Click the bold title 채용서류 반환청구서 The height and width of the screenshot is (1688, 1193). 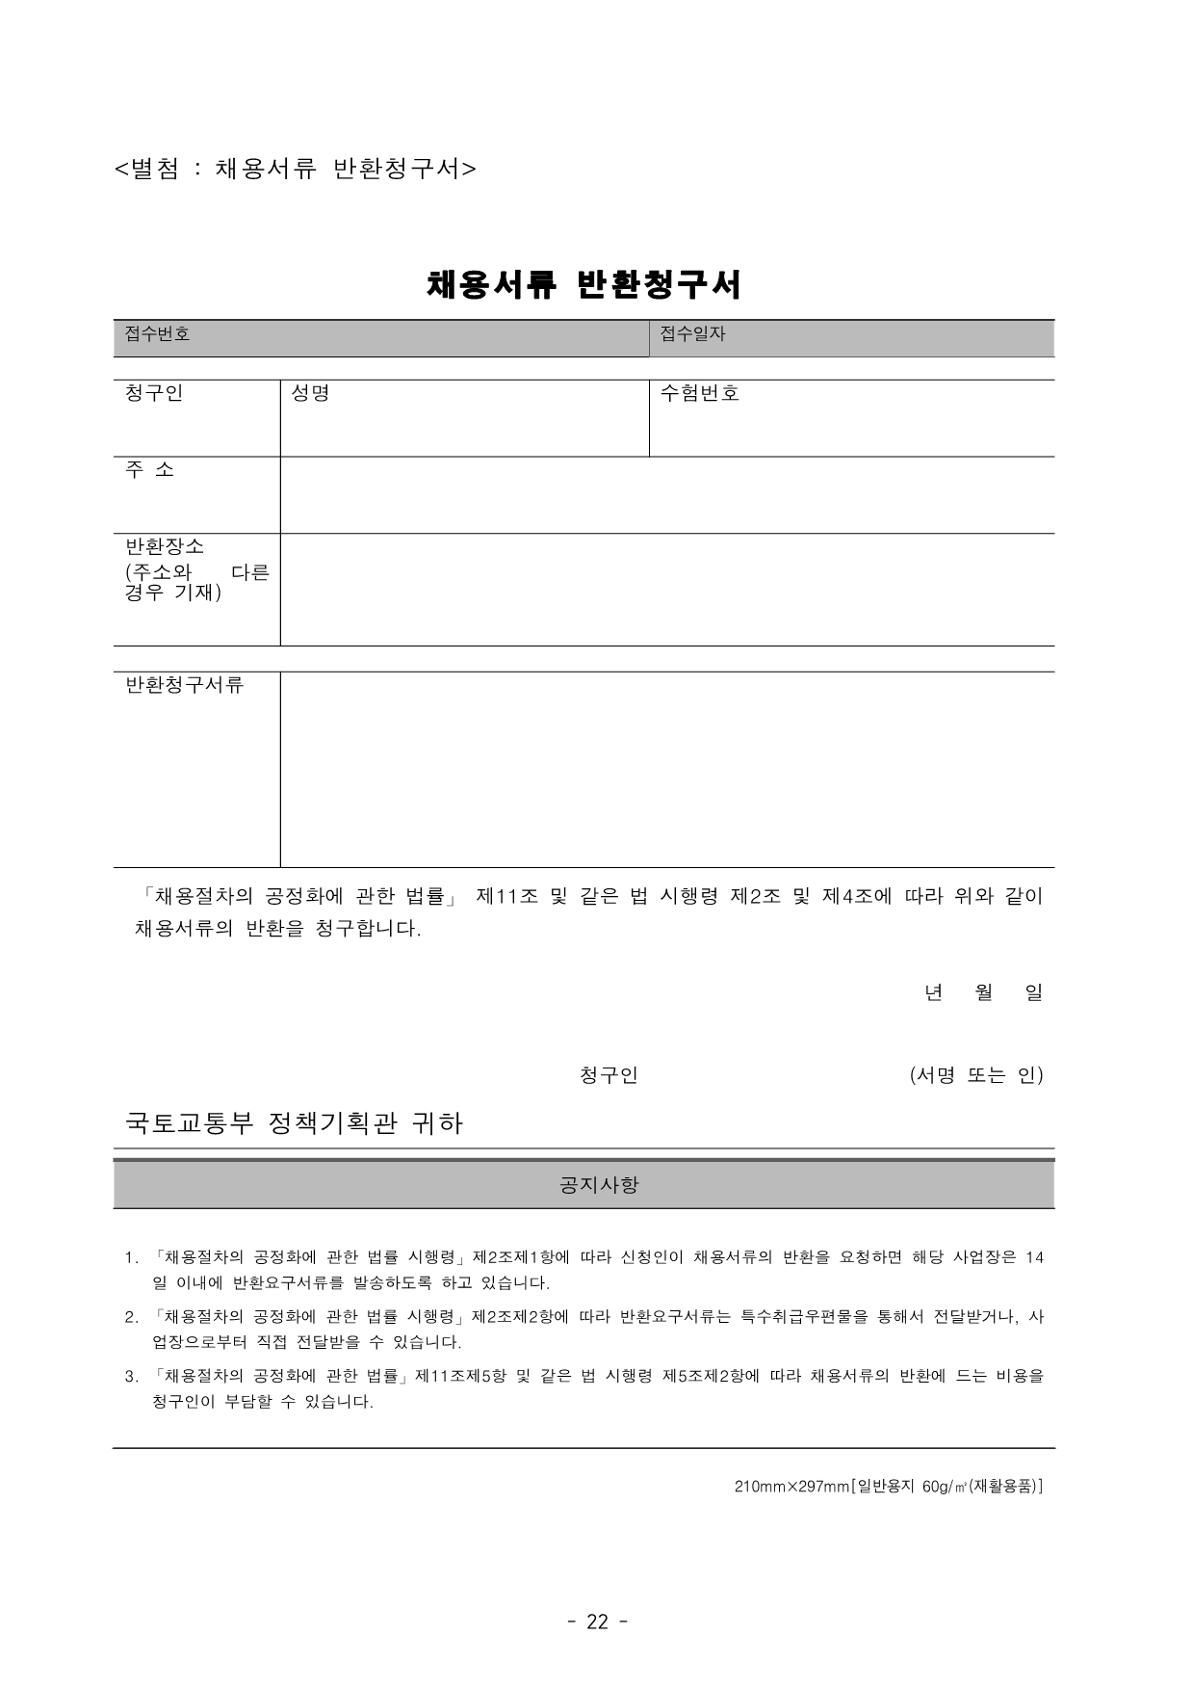point(584,284)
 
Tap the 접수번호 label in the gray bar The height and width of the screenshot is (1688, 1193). point(158,334)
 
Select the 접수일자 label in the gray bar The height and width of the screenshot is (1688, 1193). point(692,334)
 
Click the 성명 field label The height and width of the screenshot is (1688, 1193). point(310,393)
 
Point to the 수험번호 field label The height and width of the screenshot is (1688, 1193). point(700,393)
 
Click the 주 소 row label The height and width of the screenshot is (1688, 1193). point(150,470)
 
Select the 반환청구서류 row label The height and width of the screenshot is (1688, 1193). point(184,685)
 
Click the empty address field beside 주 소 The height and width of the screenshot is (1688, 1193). point(666,495)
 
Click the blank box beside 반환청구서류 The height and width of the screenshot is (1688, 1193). point(666,770)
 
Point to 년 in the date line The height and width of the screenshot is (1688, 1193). point(933,992)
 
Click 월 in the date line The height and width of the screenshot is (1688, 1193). point(984,992)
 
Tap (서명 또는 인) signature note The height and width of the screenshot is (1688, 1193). point(976,1075)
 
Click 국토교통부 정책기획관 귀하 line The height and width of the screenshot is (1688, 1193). point(295,1123)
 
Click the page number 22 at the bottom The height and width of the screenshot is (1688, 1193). point(597,1622)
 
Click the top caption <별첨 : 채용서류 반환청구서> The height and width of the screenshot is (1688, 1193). point(295,169)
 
